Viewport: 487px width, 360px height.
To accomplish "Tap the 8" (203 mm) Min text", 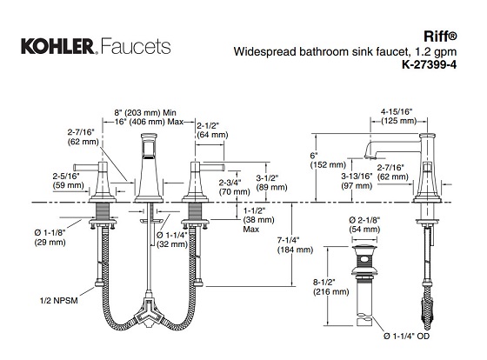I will [145, 111].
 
